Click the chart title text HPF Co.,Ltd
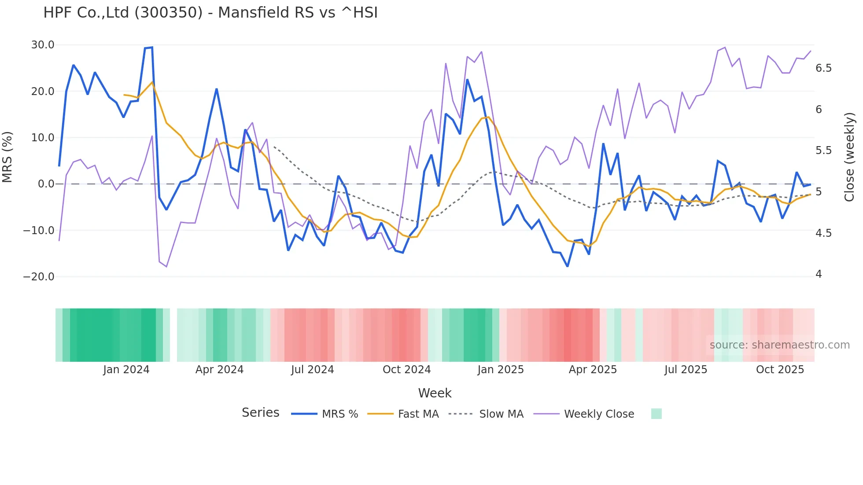[x=210, y=12]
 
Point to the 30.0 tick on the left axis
[x=43, y=45]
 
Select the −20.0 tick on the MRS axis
[x=39, y=277]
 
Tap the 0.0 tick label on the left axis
[x=46, y=184]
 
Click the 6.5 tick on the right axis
[x=823, y=68]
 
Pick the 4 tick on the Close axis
[x=819, y=274]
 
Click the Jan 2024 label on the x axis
[x=126, y=370]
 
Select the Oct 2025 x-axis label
[x=780, y=370]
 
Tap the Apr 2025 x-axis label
[x=593, y=370]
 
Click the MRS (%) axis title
[x=7, y=157]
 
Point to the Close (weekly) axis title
[x=849, y=157]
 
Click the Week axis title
[x=435, y=393]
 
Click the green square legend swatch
[x=656, y=414]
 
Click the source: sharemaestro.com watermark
[x=779, y=345]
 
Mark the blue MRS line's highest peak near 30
[x=151, y=48]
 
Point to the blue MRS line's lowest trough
[x=568, y=266]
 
